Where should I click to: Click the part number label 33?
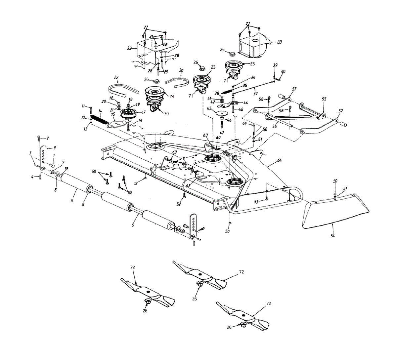coord(280,42)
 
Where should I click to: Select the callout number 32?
coord(129,48)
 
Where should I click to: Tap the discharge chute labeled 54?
coord(334,212)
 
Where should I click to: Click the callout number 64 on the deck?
coord(279,160)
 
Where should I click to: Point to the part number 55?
coord(324,99)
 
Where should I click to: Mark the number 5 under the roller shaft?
coord(133,225)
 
